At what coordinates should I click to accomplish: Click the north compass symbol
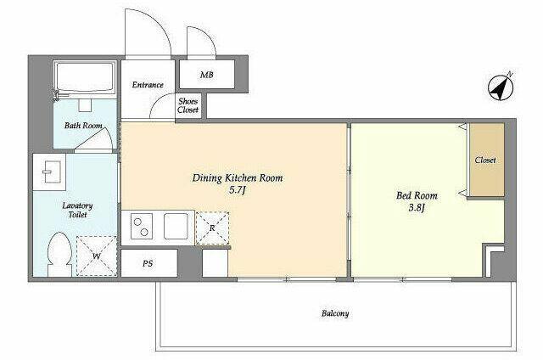pos(501,87)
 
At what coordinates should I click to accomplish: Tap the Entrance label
pos(148,85)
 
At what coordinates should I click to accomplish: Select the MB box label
pos(207,75)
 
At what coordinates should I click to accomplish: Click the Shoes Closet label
pos(188,105)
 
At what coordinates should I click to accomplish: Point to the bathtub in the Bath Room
pos(85,77)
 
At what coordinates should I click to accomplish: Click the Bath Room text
pos(83,125)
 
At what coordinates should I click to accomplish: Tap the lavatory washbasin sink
pos(49,172)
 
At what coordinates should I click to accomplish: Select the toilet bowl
pos(60,254)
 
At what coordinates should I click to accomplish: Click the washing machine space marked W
pos(97,256)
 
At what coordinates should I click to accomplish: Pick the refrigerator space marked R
pos(212,228)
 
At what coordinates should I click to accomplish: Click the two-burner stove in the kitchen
pos(142,227)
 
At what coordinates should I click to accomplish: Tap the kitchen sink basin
pos(176,226)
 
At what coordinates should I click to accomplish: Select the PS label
pos(148,264)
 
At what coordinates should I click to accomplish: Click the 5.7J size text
pos(238,190)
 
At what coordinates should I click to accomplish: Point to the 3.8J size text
pos(417,208)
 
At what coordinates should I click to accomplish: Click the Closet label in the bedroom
pos(485,160)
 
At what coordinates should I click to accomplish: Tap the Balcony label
pos(335,313)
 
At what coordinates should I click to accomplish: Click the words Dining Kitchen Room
pos(238,178)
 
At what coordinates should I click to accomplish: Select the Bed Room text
pos(417,196)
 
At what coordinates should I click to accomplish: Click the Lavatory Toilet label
pos(77,211)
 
